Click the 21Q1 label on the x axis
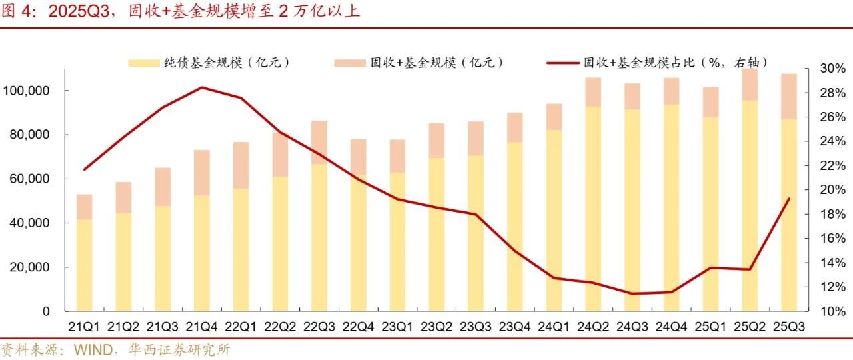tap(84, 327)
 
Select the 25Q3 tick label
tap(789, 327)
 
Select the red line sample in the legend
tap(562, 63)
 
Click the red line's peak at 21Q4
tap(201, 87)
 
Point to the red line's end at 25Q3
tap(789, 199)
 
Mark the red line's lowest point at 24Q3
tap(632, 293)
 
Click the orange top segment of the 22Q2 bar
tap(280, 155)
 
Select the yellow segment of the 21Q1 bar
tap(84, 267)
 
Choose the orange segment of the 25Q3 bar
tap(789, 97)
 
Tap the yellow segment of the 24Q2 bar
tap(593, 207)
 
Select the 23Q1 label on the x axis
tap(397, 327)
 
